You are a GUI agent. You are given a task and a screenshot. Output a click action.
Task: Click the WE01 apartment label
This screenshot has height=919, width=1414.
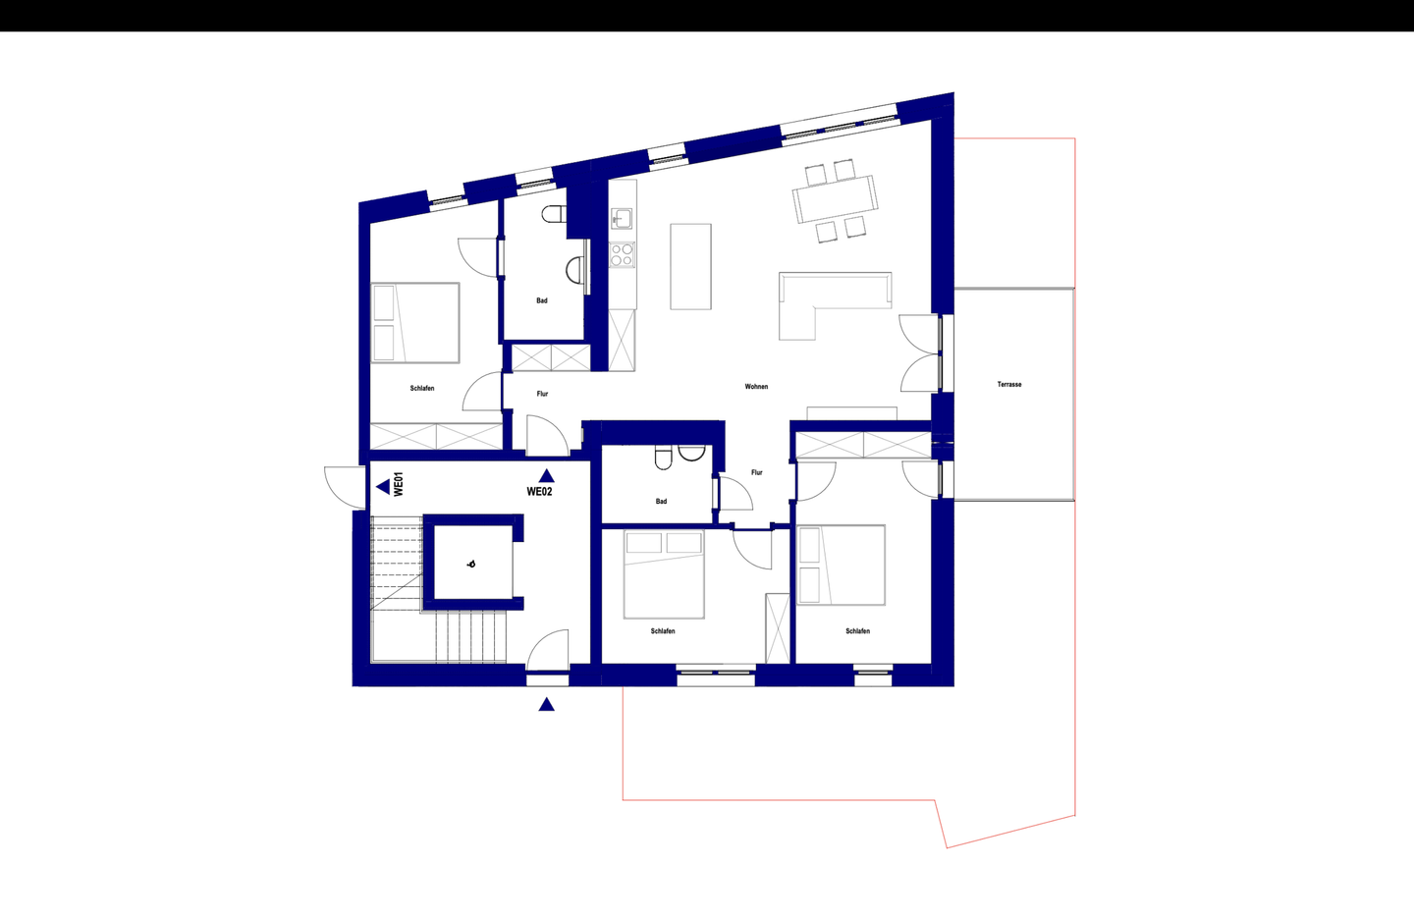coord(399,484)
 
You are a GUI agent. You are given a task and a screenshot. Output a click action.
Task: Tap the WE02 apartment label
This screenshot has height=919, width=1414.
coord(540,492)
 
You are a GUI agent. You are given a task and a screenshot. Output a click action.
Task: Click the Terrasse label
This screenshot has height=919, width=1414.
coord(1009,385)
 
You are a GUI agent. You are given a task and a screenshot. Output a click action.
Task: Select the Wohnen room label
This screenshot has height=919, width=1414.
coord(756,386)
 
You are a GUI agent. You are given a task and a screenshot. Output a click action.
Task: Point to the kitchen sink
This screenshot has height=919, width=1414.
coord(622,218)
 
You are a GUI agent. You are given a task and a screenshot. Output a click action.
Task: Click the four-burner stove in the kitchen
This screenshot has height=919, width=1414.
coord(622,254)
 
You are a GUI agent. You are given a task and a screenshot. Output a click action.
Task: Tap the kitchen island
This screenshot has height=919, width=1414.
coord(690,266)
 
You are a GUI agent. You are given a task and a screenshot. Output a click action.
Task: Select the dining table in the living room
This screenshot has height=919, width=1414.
coord(835,198)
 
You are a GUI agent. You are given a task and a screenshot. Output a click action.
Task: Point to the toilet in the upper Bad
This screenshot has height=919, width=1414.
coord(554,214)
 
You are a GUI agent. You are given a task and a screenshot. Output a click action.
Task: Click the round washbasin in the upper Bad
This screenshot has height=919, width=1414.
coord(575,270)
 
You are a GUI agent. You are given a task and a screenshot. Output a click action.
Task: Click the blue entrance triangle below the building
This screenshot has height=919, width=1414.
coord(547,704)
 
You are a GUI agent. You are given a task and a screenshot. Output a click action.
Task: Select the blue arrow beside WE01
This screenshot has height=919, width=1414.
coord(383,487)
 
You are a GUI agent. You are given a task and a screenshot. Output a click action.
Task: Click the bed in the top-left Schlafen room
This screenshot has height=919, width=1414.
coord(414,322)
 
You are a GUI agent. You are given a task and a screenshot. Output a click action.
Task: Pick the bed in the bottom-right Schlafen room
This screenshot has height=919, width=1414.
coord(841,565)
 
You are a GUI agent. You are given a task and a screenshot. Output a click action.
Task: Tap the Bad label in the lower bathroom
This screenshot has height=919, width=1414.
coord(661,502)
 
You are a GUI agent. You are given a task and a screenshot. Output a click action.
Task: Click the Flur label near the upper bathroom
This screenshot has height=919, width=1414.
coord(542,394)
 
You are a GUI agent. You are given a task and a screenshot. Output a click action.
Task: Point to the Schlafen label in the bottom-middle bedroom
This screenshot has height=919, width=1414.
coord(663,631)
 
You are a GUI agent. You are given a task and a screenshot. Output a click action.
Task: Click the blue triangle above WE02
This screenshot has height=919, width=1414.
coord(547,476)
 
